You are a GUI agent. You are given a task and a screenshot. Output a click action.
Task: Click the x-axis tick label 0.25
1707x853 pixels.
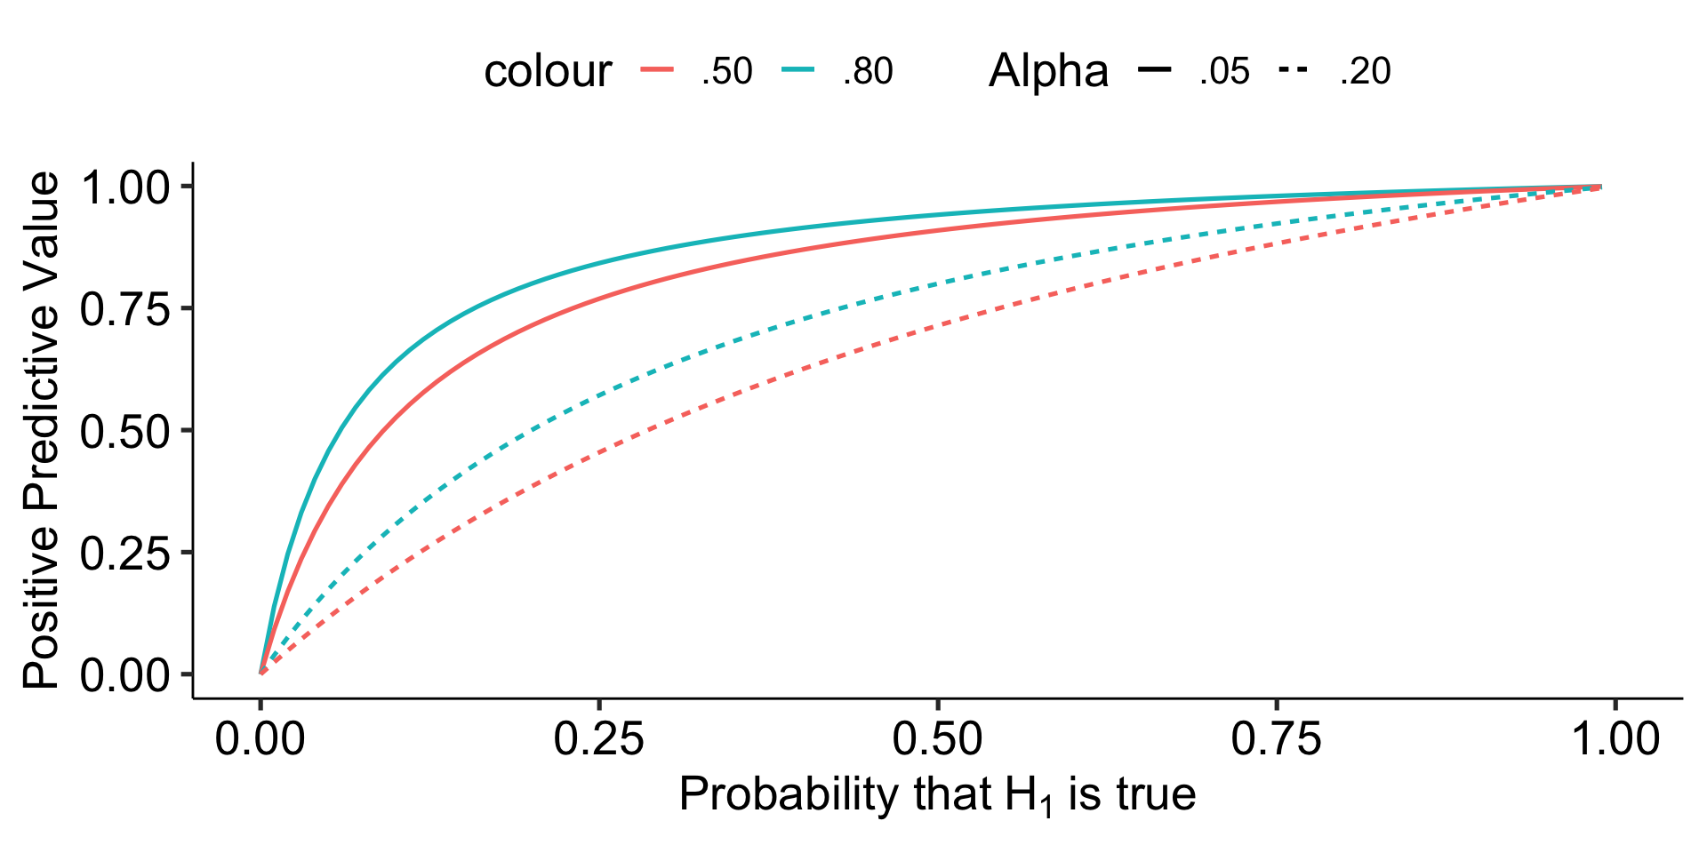point(598,739)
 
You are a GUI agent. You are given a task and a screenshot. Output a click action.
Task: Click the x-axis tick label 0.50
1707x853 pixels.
point(937,739)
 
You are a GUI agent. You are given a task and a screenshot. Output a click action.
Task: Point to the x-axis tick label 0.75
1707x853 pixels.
point(1276,739)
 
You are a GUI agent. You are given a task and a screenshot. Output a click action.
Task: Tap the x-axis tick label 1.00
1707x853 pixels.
point(1615,739)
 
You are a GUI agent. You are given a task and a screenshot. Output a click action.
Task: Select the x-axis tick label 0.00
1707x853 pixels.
point(260,739)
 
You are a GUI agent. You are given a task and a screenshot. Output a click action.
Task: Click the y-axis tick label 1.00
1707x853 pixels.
point(124,187)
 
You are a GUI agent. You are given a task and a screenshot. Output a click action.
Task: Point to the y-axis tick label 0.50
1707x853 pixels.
point(124,432)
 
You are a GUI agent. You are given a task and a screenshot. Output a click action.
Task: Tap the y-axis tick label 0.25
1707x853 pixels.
point(124,554)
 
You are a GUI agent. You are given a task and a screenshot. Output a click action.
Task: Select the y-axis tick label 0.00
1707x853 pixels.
point(124,675)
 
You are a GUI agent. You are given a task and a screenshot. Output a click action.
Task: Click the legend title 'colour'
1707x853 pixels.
point(548,71)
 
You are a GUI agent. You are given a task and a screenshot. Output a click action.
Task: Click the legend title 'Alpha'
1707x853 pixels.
point(1048,71)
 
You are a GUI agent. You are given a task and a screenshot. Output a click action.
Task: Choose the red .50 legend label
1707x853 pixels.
point(726,71)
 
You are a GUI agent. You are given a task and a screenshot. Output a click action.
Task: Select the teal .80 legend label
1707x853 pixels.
point(868,71)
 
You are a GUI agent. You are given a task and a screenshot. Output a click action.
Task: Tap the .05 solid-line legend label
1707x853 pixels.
point(1224,71)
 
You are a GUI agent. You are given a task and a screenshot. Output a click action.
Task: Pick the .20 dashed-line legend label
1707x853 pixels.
point(1365,71)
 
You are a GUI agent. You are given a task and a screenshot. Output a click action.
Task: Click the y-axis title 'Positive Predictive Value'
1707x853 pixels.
point(42,431)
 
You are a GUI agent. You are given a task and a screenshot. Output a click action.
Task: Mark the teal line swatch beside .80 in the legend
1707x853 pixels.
point(799,70)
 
